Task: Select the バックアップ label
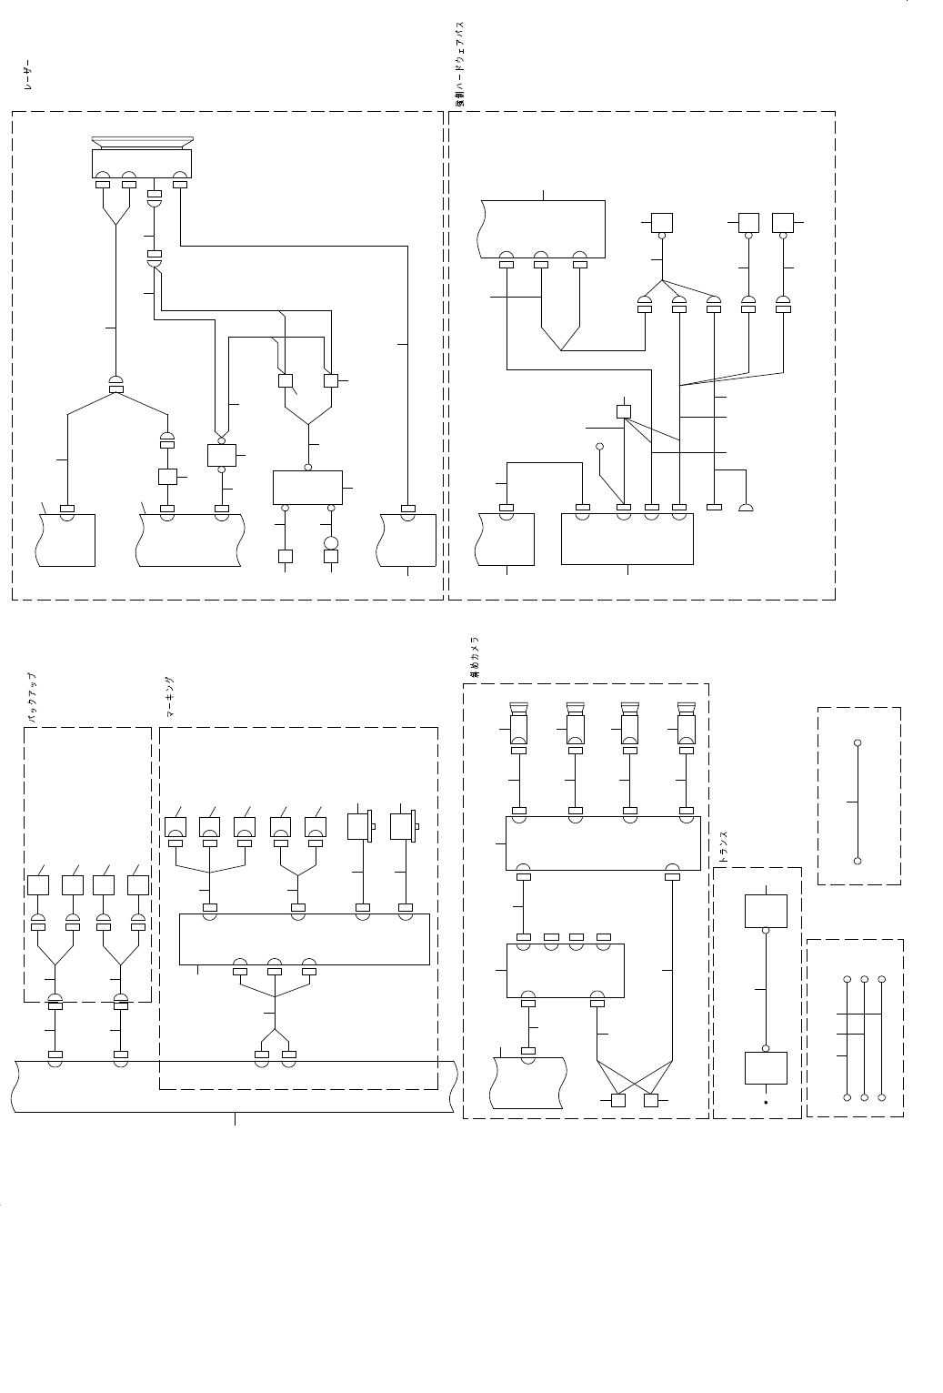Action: click(x=31, y=698)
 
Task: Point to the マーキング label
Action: click(x=170, y=698)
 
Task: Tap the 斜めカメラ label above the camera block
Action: click(x=474, y=657)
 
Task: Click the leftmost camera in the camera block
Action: click(x=518, y=725)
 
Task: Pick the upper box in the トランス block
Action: click(x=766, y=911)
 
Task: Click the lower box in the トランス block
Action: click(x=766, y=1067)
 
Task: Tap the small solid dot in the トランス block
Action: click(x=766, y=1102)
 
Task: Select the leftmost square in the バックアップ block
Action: click(x=38, y=885)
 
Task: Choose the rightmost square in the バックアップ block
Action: click(x=138, y=885)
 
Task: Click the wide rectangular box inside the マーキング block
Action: click(x=304, y=939)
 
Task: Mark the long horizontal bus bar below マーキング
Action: click(x=235, y=1085)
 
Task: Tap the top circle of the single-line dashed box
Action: click(x=858, y=743)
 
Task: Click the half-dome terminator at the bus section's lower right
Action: click(x=746, y=506)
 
